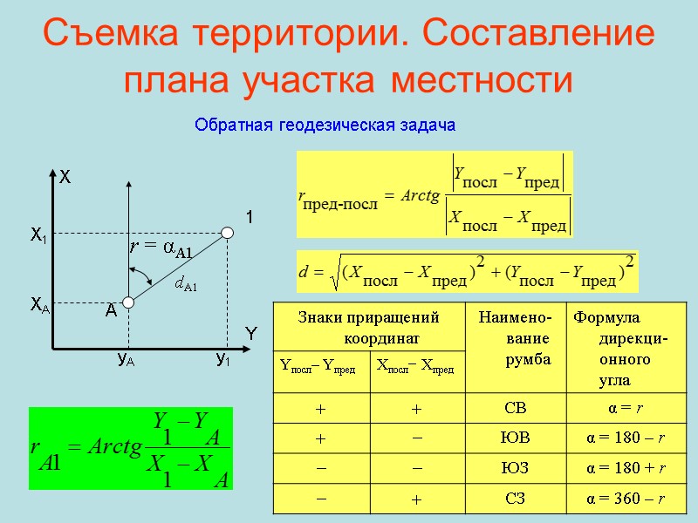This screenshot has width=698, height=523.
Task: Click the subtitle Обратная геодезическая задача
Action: pyautogui.click(x=325, y=126)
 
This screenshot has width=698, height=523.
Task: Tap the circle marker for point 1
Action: pyautogui.click(x=228, y=232)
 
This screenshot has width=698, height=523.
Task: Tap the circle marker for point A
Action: pyautogui.click(x=127, y=302)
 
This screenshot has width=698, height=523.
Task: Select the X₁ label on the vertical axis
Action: pyautogui.click(x=38, y=234)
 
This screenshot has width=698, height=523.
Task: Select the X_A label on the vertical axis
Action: pyautogui.click(x=39, y=304)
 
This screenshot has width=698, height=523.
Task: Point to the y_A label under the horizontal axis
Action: pyautogui.click(x=127, y=359)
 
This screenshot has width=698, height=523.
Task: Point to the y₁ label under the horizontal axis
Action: pyautogui.click(x=223, y=359)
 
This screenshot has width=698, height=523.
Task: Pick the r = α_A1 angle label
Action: pyautogui.click(x=161, y=248)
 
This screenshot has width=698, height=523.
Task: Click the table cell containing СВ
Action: pyautogui.click(x=516, y=407)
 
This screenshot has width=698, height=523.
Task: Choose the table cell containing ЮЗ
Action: pyautogui.click(x=516, y=468)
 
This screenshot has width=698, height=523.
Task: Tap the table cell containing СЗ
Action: pyautogui.click(x=516, y=498)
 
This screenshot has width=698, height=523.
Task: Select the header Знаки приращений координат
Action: pyautogui.click(x=368, y=325)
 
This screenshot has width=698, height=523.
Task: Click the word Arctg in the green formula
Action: pyautogui.click(x=108, y=448)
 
